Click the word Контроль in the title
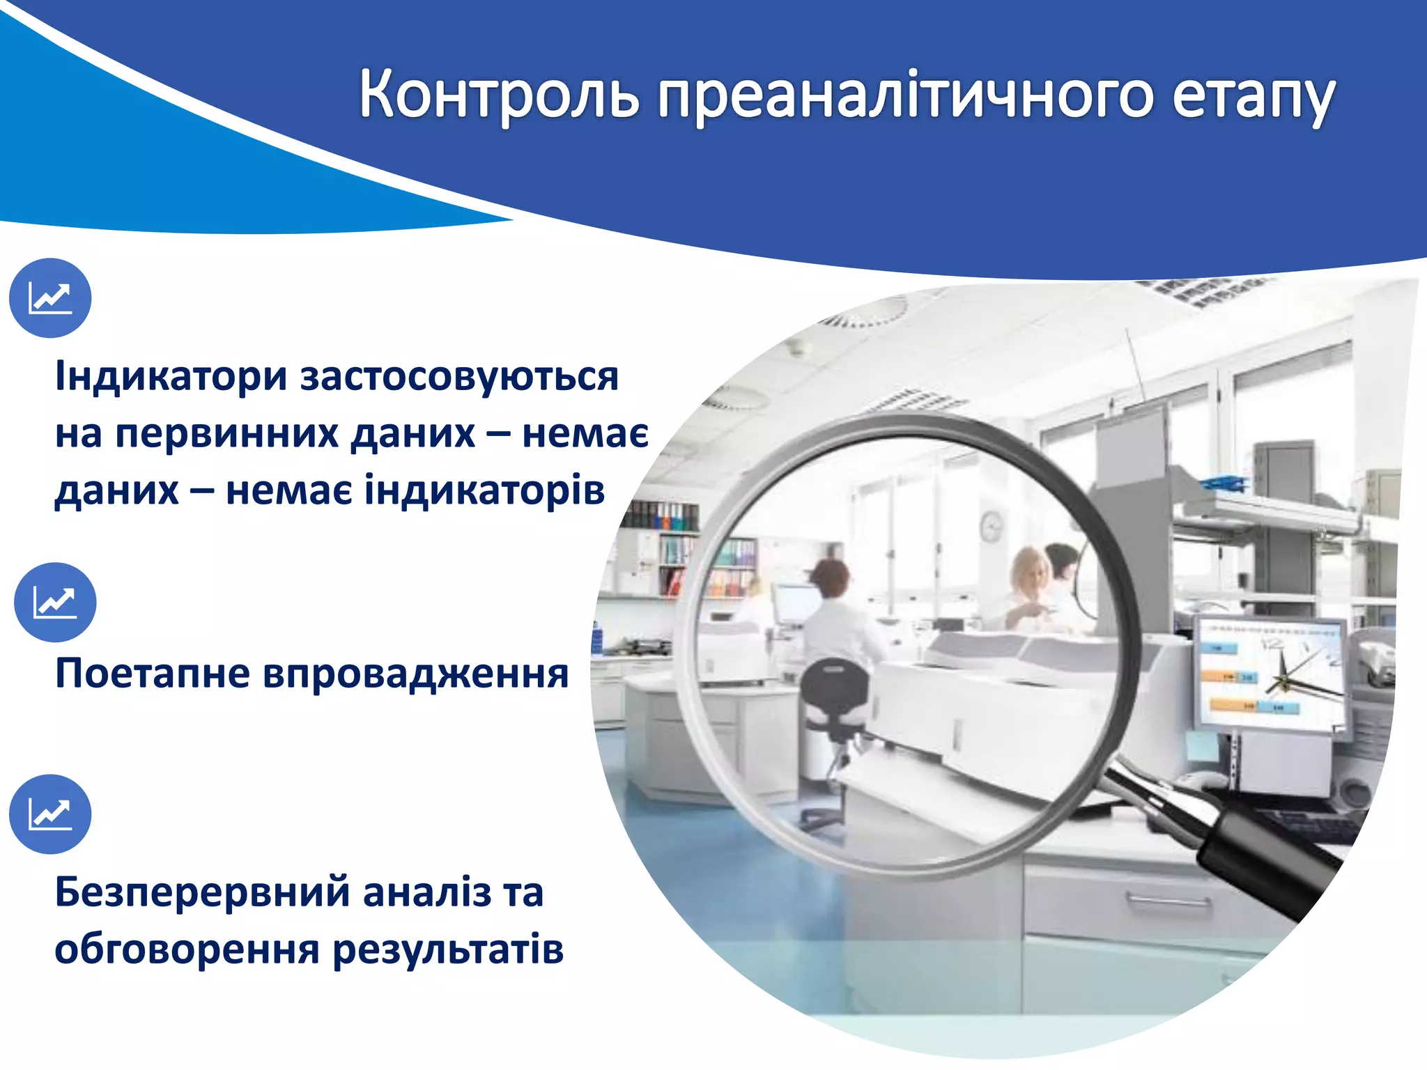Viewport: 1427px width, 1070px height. [x=499, y=95]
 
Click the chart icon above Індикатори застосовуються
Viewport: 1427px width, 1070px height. [x=50, y=298]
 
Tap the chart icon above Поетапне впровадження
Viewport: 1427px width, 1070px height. [x=55, y=603]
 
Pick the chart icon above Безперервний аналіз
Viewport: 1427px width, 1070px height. [x=50, y=814]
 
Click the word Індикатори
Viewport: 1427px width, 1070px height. [x=171, y=377]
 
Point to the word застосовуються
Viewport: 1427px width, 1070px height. [x=459, y=377]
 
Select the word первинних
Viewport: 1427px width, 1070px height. [x=226, y=434]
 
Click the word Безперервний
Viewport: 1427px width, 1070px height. [x=203, y=892]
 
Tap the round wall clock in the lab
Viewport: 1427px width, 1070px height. [x=991, y=526]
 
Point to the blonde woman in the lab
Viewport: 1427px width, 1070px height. [x=1028, y=585]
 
